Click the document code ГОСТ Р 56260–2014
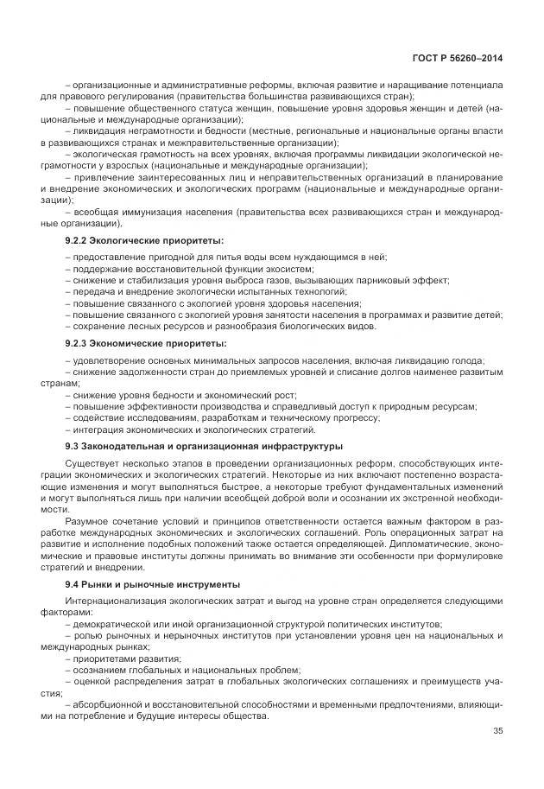[458, 58]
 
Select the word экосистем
[221, 269]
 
